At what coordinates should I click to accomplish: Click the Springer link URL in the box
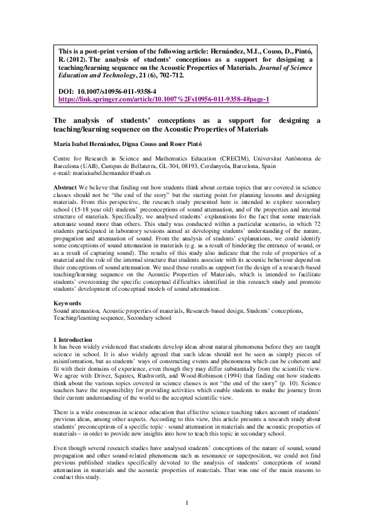point(163,99)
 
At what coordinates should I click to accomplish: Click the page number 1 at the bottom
point(187,502)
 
